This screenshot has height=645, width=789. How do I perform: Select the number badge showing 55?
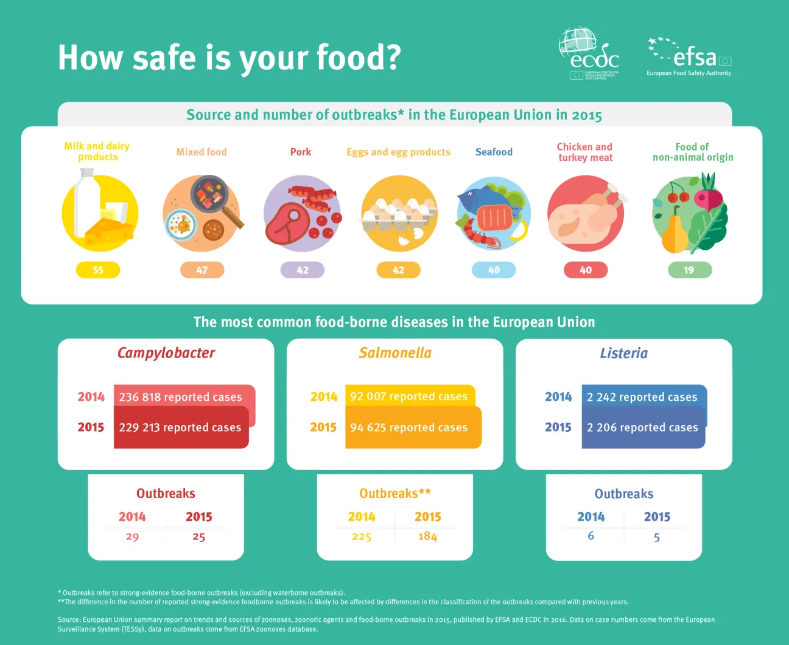[x=98, y=270]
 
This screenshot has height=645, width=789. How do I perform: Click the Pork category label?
[x=301, y=152]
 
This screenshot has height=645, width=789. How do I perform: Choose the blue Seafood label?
[x=494, y=152]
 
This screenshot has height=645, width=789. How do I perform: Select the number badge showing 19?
[x=689, y=270]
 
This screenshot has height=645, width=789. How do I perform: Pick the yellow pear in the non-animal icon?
[x=675, y=234]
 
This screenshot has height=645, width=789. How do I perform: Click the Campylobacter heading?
[x=166, y=353]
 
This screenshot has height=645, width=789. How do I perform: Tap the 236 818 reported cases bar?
[x=184, y=396]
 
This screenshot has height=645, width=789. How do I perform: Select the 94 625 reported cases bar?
[x=413, y=428]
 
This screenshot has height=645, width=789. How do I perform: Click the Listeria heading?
[x=623, y=353]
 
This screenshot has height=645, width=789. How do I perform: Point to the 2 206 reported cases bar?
[x=643, y=428]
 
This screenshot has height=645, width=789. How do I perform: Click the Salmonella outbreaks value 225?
[x=362, y=537]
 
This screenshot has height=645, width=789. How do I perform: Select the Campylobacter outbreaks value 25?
[x=199, y=537]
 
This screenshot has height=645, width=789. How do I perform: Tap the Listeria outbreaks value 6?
[x=591, y=536]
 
